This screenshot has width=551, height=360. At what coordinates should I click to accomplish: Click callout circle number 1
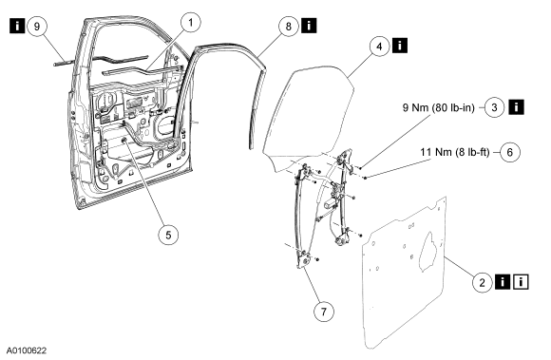(x=191, y=24)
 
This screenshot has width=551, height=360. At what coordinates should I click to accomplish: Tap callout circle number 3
(x=494, y=107)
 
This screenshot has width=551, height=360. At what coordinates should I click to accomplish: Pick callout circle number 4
(x=379, y=46)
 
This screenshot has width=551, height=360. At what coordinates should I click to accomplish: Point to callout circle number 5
(x=168, y=235)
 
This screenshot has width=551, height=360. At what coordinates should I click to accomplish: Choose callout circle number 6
(x=509, y=152)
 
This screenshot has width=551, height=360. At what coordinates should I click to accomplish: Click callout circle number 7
(x=323, y=311)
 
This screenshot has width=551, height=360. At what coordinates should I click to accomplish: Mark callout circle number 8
(x=289, y=26)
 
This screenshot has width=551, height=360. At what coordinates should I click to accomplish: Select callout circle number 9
(x=37, y=26)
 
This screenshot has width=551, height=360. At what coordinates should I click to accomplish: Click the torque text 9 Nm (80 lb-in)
(x=438, y=107)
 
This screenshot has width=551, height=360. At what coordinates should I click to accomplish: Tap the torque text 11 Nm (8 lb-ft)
(x=455, y=152)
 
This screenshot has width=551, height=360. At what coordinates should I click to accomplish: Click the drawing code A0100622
(x=27, y=351)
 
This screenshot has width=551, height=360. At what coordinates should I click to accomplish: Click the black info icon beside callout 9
(x=17, y=26)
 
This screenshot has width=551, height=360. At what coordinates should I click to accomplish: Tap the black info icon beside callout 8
(x=309, y=26)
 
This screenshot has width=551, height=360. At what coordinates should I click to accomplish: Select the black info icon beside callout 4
(x=400, y=46)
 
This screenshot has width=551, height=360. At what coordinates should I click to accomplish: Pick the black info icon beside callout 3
(x=516, y=106)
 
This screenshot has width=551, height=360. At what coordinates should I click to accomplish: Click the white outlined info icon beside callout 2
(x=521, y=282)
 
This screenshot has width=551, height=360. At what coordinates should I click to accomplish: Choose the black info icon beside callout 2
(x=503, y=282)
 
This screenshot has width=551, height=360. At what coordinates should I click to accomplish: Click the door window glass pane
(x=310, y=116)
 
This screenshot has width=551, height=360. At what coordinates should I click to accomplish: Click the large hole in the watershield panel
(x=429, y=251)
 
